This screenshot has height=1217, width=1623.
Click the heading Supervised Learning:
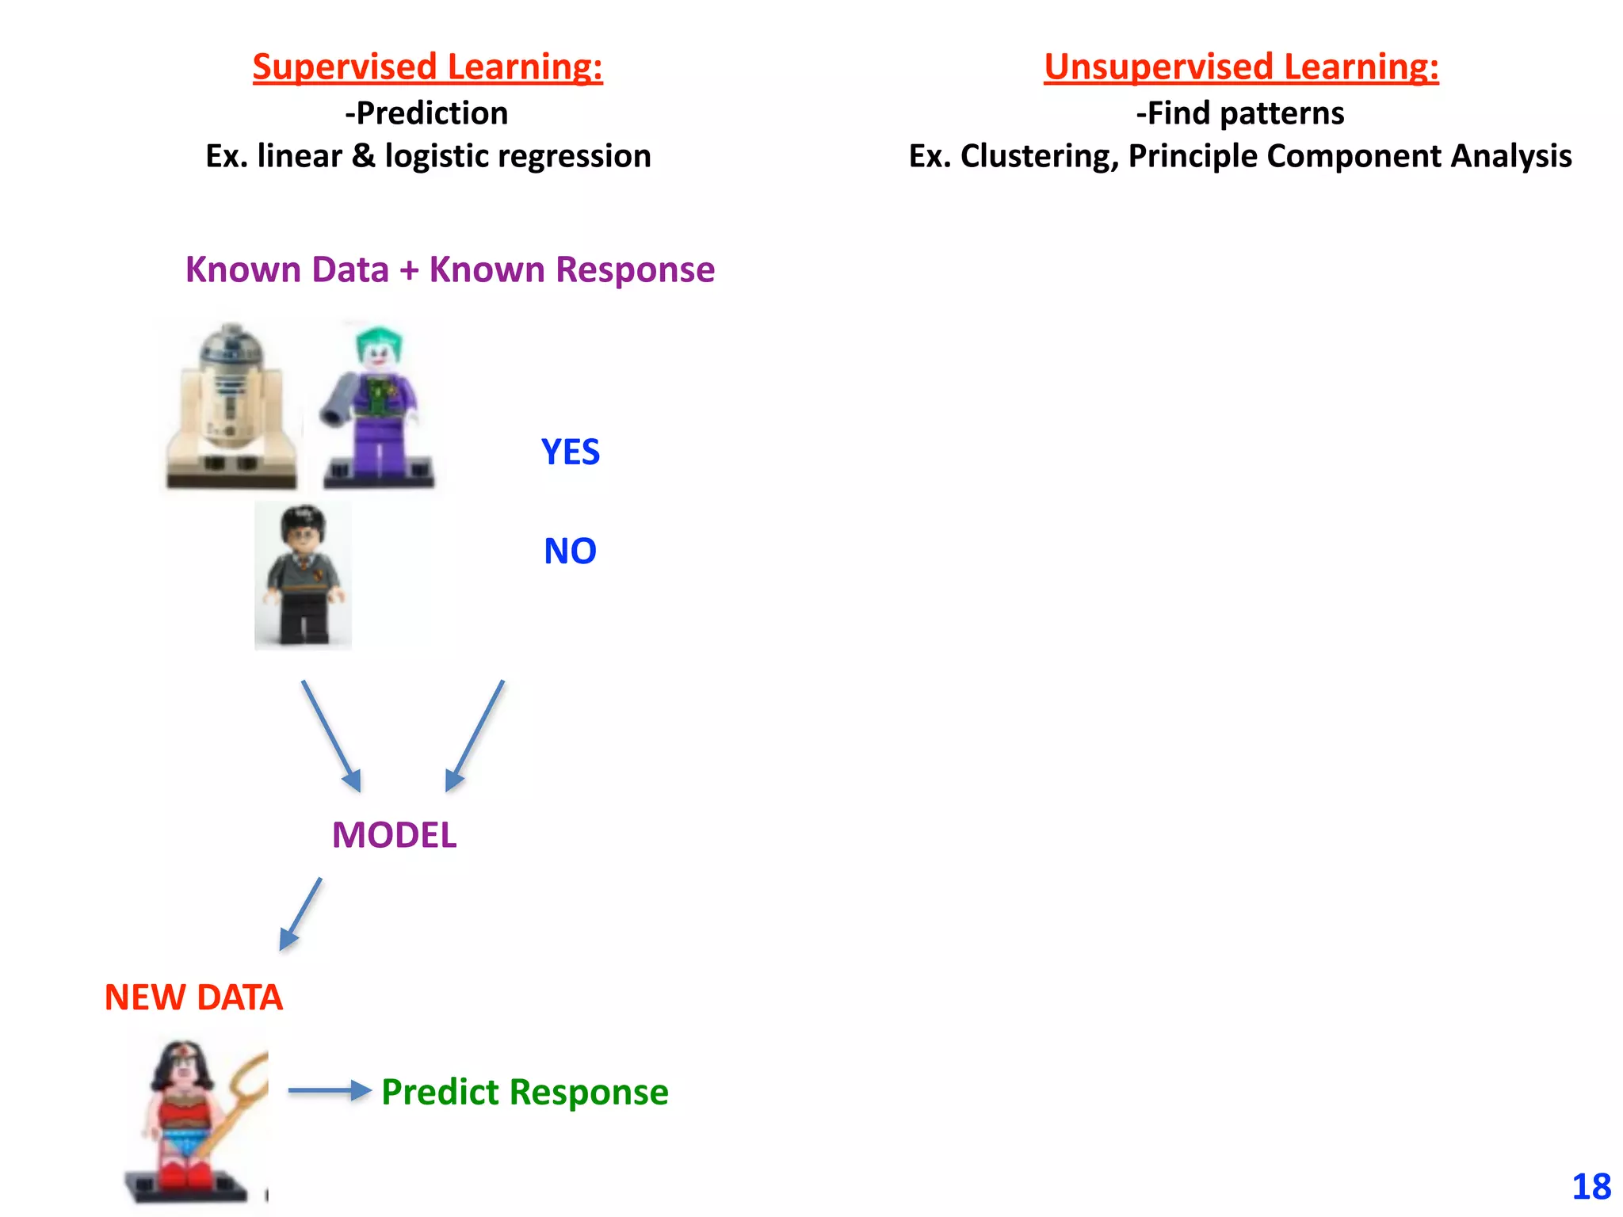coord(427,67)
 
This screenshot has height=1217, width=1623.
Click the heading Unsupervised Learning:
coord(1240,67)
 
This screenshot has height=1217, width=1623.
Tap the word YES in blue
coord(571,452)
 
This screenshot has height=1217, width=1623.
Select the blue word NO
coord(570,551)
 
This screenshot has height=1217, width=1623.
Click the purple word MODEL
coord(394,835)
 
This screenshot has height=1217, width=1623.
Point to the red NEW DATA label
coord(193,998)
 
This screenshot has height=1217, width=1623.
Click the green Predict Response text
coord(525,1092)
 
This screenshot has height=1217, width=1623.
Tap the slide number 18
coord(1591,1187)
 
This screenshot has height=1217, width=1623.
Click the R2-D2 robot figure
coord(230,406)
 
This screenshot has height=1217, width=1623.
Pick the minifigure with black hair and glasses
coord(303,575)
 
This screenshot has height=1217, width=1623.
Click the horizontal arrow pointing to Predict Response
coord(329,1091)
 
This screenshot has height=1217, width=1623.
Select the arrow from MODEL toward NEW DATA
coord(300,914)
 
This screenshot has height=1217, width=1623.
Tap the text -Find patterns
coord(1240,113)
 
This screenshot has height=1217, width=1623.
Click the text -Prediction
coord(426,113)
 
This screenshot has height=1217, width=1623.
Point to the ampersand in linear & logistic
coord(364,156)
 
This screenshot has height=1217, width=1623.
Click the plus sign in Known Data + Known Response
coord(409,270)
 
